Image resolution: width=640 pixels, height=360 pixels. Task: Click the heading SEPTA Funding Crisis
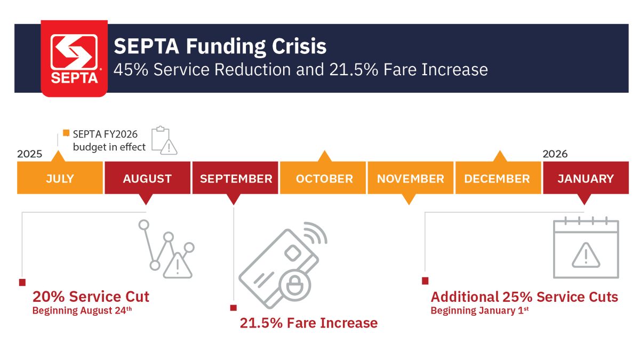pos(220,46)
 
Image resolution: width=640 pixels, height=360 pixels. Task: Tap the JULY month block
pos(60,179)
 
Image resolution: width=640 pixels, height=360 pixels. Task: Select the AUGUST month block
pos(147,179)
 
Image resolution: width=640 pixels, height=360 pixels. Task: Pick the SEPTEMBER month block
pos(235,179)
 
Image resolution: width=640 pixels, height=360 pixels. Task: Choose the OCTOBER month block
pos(324,179)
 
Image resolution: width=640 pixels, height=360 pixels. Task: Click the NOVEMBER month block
pos(410,179)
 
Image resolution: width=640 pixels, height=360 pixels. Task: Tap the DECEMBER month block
pos(497,179)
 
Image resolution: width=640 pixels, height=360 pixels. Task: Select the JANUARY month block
pos(585,179)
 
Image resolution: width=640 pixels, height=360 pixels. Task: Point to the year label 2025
pos(29,154)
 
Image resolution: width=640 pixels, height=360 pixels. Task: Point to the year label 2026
pos(555,154)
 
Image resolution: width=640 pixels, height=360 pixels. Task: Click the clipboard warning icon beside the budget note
pos(164,140)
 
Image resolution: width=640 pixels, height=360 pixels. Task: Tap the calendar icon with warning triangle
pos(586,249)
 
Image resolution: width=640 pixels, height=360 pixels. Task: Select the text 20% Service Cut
pos(91,297)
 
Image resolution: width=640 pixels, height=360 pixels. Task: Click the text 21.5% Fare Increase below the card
pos(308,323)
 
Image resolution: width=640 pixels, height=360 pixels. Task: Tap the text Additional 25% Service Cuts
pos(524,297)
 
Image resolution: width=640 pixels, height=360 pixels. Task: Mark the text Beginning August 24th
pos(82,310)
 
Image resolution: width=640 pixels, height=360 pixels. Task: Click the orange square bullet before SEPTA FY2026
pos(66,133)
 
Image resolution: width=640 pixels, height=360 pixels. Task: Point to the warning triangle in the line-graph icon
pos(178,266)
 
